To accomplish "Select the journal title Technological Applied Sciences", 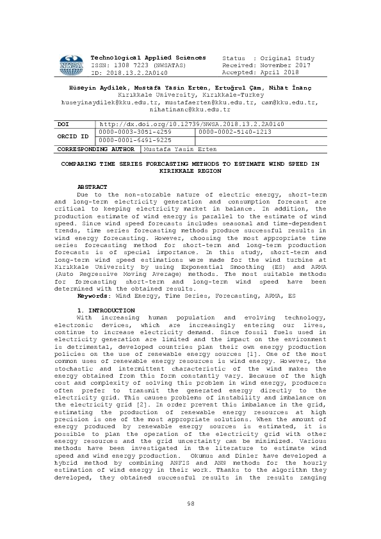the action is click(149, 58).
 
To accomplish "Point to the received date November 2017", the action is click(280, 65).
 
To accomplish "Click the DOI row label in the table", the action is click(63, 123).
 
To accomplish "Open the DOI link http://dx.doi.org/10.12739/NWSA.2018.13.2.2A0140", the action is click(191, 123).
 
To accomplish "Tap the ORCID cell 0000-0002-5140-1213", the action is click(236, 132).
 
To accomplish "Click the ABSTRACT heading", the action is click(92, 186).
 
